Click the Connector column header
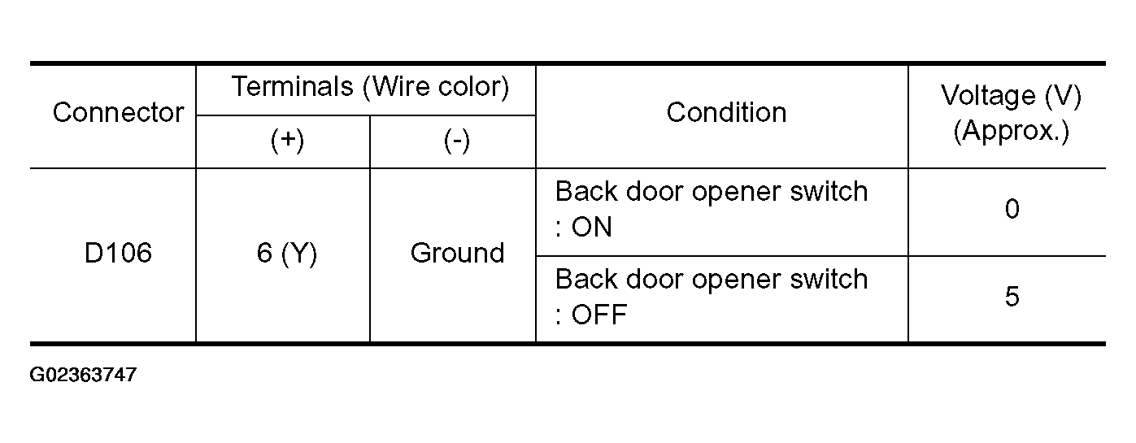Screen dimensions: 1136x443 coord(118,112)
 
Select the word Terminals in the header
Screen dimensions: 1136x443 coord(292,86)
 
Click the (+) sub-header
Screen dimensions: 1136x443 coord(287,141)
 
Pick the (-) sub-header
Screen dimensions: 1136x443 coord(457,141)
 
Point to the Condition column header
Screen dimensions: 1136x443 coord(726,112)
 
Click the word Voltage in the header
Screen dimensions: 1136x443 coord(988,95)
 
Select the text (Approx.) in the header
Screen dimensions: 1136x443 coord(1012,131)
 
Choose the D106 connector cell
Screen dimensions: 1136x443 coord(118,253)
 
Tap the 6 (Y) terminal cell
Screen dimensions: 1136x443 coord(287,253)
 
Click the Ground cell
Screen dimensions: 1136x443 coord(458,253)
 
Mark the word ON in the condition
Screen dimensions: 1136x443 coord(592,227)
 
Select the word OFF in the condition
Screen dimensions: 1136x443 coord(599,315)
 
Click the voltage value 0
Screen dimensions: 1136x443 coord(1012,209)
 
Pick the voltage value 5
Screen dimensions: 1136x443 coord(1012,297)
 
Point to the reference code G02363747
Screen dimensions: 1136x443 coord(83,375)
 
